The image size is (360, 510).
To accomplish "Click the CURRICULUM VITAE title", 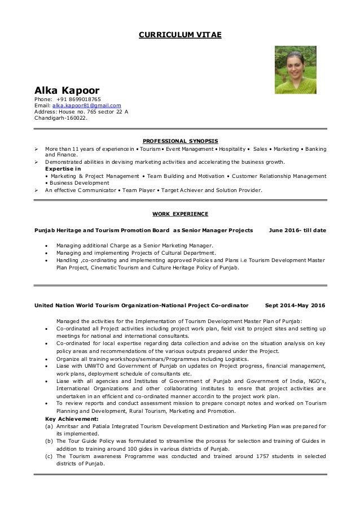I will pyautogui.click(x=180, y=35).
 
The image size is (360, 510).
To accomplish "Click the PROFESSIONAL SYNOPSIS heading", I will pyautogui.click(x=180, y=140).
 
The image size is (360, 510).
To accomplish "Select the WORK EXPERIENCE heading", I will pyautogui.click(x=180, y=214).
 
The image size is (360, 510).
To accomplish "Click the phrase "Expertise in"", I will pyautogui.click(x=62, y=169).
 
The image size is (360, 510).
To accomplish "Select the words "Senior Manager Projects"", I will pyautogui.click(x=217, y=230).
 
